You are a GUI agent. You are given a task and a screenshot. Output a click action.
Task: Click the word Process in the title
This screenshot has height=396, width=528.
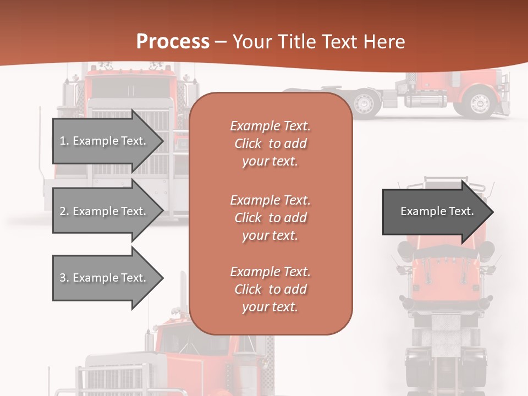[173, 42]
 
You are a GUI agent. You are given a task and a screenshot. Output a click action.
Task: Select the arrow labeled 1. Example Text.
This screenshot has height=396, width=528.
[105, 141]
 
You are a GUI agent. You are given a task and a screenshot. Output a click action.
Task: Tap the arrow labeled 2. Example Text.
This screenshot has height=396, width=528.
[105, 211]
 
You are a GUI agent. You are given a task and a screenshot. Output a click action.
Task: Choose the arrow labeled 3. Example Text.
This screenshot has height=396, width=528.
[105, 278]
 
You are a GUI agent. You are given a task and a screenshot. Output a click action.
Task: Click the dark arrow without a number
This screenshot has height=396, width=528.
[435, 212]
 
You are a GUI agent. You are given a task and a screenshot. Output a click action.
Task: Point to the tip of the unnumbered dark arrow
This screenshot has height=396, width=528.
[492, 212]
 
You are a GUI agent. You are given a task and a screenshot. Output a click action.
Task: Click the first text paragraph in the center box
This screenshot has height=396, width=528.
[270, 144]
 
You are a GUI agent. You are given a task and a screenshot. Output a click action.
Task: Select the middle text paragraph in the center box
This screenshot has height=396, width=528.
[270, 217]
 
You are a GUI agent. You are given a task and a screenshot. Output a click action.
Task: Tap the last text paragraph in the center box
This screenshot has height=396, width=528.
[270, 289]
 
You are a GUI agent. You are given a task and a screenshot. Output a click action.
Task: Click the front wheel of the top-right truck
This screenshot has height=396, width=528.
[480, 103]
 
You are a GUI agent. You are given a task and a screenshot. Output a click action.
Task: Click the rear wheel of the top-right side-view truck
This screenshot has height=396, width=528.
[364, 103]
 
